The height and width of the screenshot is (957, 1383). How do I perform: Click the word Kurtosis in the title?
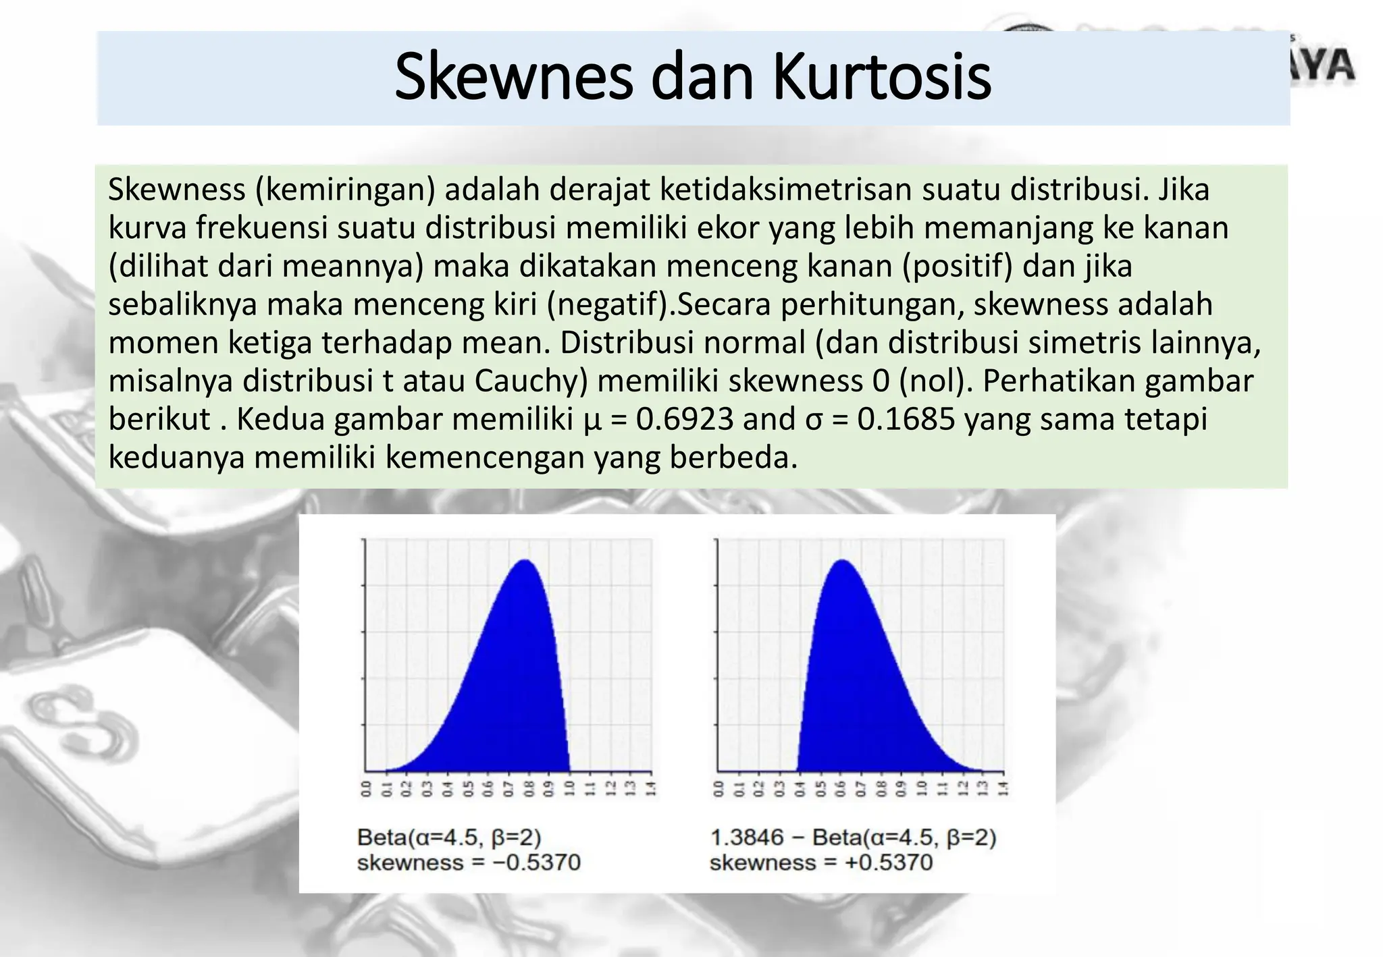(881, 78)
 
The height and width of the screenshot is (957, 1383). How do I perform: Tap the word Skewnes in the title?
(514, 78)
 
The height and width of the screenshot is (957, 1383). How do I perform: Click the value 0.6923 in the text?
(685, 420)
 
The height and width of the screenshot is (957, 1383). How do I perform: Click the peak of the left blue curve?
(525, 562)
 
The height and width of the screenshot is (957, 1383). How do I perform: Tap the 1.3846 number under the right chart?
(747, 838)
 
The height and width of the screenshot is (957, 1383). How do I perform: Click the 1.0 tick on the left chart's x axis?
(570, 788)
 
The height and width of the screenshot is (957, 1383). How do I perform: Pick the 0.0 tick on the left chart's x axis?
(366, 788)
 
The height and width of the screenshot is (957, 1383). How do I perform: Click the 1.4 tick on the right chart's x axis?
(1003, 788)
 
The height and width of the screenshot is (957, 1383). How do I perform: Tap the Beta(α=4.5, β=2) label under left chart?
(449, 838)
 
